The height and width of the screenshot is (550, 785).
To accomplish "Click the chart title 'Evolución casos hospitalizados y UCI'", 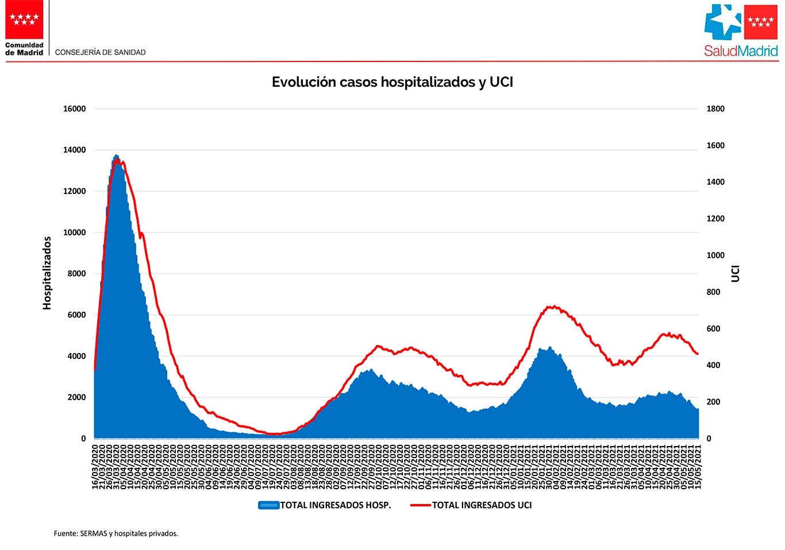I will pos(392,82).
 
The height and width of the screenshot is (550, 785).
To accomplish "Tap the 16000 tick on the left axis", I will pos(75,109).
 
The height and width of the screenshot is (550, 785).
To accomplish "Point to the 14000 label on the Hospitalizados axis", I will pos(75,150).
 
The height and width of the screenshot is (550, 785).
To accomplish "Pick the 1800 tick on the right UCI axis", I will pos(715,109).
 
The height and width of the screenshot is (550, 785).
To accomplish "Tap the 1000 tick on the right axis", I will pos(715,255).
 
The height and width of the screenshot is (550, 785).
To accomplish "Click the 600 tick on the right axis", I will pos(713,329).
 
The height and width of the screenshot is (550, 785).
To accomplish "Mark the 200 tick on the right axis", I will pos(713,402).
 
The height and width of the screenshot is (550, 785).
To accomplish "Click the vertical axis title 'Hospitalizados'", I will pos(47,273).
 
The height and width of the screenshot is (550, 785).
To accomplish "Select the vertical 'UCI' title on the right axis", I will pos(736,273).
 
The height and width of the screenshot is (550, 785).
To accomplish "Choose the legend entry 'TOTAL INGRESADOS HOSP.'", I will pos(336,505).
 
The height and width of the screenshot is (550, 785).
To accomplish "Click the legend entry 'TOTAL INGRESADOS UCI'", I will pos(482,505).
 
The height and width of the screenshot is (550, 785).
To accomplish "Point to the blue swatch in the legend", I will pos(269,505).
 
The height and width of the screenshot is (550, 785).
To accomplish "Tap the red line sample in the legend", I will pos(421,505).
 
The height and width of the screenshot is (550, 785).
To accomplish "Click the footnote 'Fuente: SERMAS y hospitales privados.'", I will pos(116,533).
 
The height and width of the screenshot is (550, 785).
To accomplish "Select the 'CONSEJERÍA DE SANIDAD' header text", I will pos(101,52).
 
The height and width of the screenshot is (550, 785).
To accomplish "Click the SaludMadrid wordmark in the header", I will pos(741,51).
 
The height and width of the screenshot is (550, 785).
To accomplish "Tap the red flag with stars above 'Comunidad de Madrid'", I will pos(25,20).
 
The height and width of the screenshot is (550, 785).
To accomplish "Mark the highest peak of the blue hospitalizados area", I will pos(116,156).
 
